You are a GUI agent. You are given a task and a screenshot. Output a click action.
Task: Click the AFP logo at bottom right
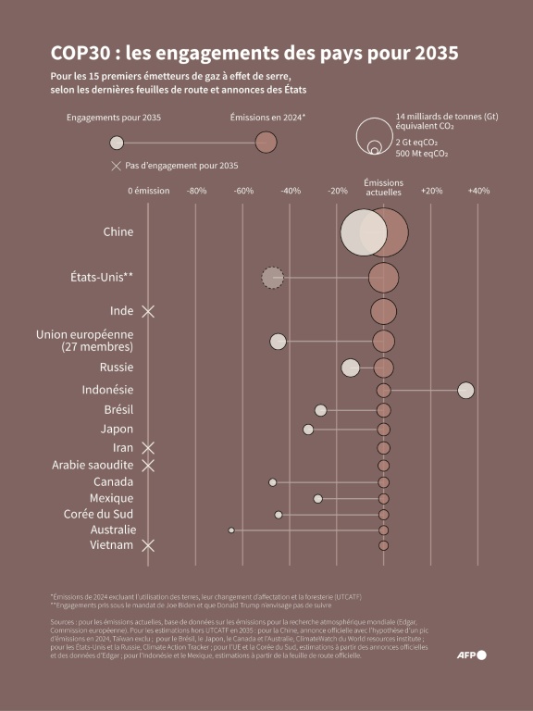click(472, 655)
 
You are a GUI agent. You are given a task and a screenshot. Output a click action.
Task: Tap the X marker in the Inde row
click(147, 311)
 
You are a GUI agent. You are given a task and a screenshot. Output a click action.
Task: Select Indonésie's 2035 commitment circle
click(465, 391)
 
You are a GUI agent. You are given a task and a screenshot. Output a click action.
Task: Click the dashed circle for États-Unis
click(272, 277)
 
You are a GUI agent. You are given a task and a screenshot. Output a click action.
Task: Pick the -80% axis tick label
click(196, 191)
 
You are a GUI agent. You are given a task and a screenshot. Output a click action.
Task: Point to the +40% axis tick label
click(478, 191)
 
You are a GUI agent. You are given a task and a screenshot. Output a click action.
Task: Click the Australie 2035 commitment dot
click(231, 530)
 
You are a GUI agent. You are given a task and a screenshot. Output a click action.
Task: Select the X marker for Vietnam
click(147, 546)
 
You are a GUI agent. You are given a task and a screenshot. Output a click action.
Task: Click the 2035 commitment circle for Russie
click(350, 368)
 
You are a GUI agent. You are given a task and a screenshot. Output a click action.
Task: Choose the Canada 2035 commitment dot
click(272, 482)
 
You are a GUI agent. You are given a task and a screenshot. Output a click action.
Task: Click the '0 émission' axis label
click(148, 191)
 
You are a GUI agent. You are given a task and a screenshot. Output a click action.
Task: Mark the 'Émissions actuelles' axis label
click(383, 188)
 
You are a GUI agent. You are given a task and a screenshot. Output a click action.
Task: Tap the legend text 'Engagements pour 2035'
click(114, 118)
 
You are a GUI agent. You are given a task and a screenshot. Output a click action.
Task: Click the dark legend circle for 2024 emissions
click(266, 143)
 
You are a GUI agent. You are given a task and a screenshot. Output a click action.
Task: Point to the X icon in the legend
click(116, 166)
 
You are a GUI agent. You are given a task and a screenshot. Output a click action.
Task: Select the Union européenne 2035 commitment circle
click(278, 342)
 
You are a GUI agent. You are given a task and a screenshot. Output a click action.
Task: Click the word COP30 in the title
click(81, 54)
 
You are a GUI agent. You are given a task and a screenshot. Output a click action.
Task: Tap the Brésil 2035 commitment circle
click(320, 410)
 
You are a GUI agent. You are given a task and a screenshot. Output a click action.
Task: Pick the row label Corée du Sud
click(99, 514)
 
